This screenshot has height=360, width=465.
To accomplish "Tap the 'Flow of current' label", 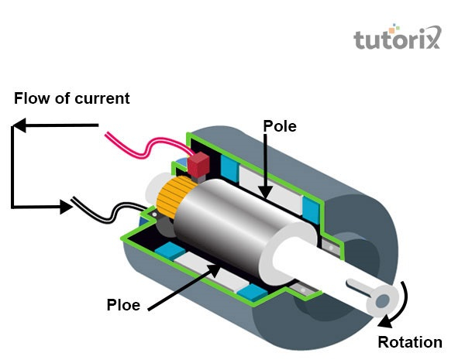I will click(72, 99).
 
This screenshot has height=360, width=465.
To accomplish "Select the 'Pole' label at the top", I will click(280, 126).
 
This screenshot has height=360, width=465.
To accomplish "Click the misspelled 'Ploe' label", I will click(123, 305).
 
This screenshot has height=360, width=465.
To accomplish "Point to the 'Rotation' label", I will click(410, 342).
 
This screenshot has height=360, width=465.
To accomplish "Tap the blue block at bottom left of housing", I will click(166, 251).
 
